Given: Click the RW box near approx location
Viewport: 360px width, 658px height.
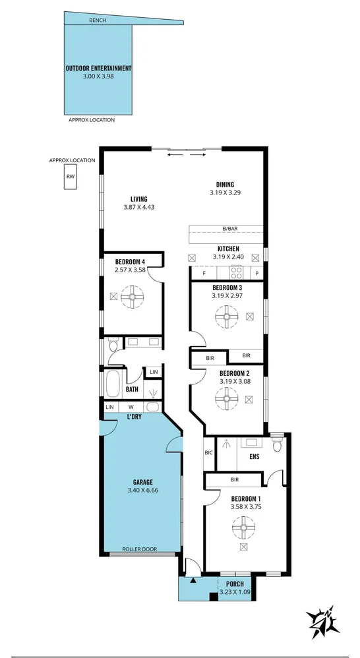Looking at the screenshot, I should [x=70, y=176].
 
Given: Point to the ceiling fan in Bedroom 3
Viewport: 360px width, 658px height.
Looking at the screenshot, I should [x=227, y=317].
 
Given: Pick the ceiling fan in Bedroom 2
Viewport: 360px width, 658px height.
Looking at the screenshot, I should [x=227, y=398].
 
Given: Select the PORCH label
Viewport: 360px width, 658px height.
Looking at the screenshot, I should [x=235, y=584].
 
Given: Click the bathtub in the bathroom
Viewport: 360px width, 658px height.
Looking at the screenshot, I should [x=113, y=382].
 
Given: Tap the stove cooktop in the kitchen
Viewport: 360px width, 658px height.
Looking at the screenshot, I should [x=235, y=272].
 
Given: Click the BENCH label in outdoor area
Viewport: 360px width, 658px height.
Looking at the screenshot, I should [x=98, y=20].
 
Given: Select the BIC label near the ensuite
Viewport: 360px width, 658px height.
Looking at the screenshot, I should [x=209, y=453].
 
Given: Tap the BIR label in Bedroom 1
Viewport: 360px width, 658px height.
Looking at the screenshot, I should [x=234, y=480].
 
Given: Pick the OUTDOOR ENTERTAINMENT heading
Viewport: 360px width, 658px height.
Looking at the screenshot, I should [x=98, y=68].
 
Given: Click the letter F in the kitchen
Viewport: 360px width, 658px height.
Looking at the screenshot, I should [x=204, y=272].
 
